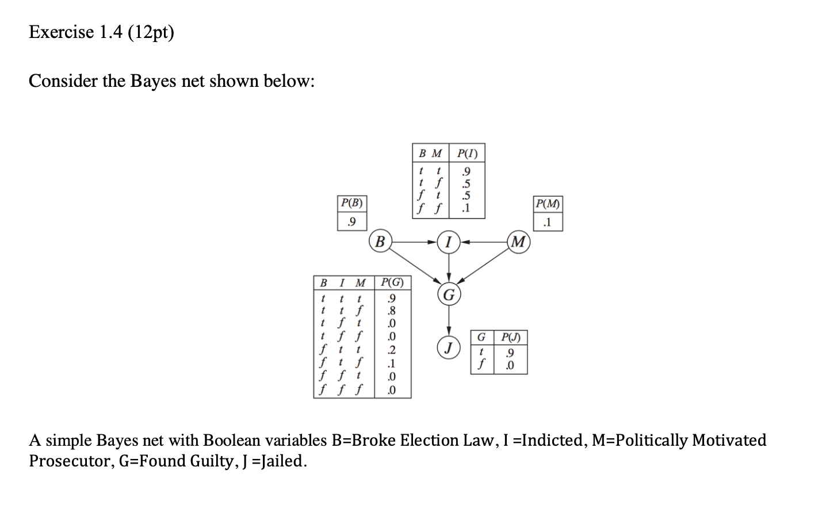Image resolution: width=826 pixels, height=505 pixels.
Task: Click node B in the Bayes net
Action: point(380,242)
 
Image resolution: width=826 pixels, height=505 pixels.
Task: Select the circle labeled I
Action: point(449,242)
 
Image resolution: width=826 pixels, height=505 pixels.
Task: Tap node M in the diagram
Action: point(518,242)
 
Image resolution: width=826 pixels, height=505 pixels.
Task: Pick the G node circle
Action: point(449,295)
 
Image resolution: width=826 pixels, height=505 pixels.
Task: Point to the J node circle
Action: point(449,347)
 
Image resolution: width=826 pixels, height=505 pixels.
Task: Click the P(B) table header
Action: point(352,202)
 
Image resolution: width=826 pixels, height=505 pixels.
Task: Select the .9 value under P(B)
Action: point(352,221)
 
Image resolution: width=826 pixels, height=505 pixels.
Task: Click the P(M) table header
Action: point(548,204)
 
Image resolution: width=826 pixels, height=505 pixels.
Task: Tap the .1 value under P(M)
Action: point(548,222)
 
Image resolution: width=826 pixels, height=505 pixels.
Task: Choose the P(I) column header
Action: point(466,154)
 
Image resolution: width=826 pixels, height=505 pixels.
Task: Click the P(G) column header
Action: point(392,282)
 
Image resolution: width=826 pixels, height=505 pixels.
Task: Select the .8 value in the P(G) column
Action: point(392,311)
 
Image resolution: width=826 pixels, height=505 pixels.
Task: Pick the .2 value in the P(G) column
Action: point(392,350)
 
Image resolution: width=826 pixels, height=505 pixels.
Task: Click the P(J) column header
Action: point(510,337)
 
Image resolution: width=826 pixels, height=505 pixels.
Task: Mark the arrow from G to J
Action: point(449,321)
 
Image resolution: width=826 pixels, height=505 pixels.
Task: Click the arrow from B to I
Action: point(414,242)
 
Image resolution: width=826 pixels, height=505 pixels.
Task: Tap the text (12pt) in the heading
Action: point(151,33)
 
